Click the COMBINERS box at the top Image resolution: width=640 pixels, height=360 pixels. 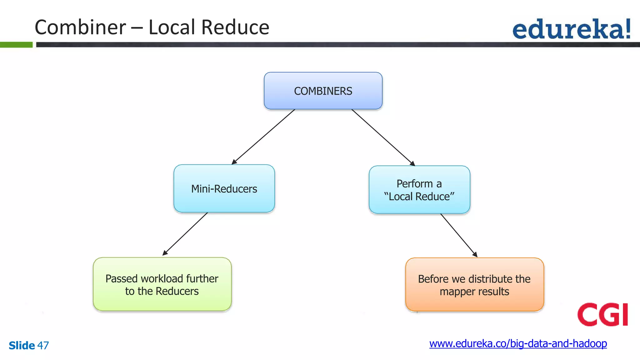[x=323, y=91]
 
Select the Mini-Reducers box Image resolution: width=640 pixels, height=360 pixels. [x=224, y=189]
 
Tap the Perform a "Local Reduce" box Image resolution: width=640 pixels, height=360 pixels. [x=419, y=190]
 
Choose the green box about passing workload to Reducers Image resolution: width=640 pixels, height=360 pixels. [x=162, y=284]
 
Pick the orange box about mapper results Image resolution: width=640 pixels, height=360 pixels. [x=474, y=285]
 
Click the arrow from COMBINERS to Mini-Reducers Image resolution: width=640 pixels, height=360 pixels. [x=263, y=137]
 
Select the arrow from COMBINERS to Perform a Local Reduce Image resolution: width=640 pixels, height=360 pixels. [x=383, y=137]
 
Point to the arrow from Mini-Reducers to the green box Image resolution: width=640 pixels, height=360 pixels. [x=185, y=234]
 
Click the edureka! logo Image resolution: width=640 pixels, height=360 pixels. [x=572, y=29]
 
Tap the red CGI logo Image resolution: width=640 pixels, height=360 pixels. [x=602, y=314]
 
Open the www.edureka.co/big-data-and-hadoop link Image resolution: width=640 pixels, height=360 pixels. [x=518, y=344]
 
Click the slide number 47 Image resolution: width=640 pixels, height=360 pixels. [x=43, y=346]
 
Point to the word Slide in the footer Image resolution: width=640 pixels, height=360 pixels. [x=22, y=346]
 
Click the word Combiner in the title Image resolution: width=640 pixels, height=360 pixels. [x=80, y=27]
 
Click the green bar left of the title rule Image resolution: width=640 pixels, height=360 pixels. [x=16, y=45]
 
